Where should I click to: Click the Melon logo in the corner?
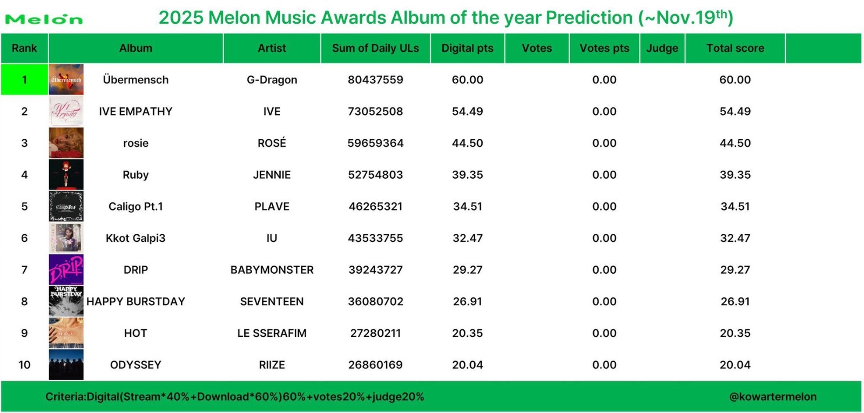point(44,19)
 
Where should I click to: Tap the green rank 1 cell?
point(24,79)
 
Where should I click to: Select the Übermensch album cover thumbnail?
point(66,79)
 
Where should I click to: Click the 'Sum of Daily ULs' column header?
point(375,48)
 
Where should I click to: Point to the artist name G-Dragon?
point(272,80)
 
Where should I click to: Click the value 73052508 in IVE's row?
point(375,111)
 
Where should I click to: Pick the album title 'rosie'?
point(136,143)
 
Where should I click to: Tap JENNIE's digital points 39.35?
point(467,174)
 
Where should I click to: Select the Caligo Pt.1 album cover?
point(66,206)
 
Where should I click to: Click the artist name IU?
point(272,238)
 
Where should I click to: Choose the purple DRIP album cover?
point(66,269)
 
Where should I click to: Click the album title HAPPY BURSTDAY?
point(136,301)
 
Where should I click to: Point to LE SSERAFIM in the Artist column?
point(272,333)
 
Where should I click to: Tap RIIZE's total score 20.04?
point(735,365)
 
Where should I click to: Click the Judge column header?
point(662,48)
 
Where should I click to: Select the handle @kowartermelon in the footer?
point(773,397)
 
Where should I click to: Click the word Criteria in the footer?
point(65,397)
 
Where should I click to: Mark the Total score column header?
point(735,48)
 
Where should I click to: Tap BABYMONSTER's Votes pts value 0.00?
point(604,269)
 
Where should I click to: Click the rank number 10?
point(24,365)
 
